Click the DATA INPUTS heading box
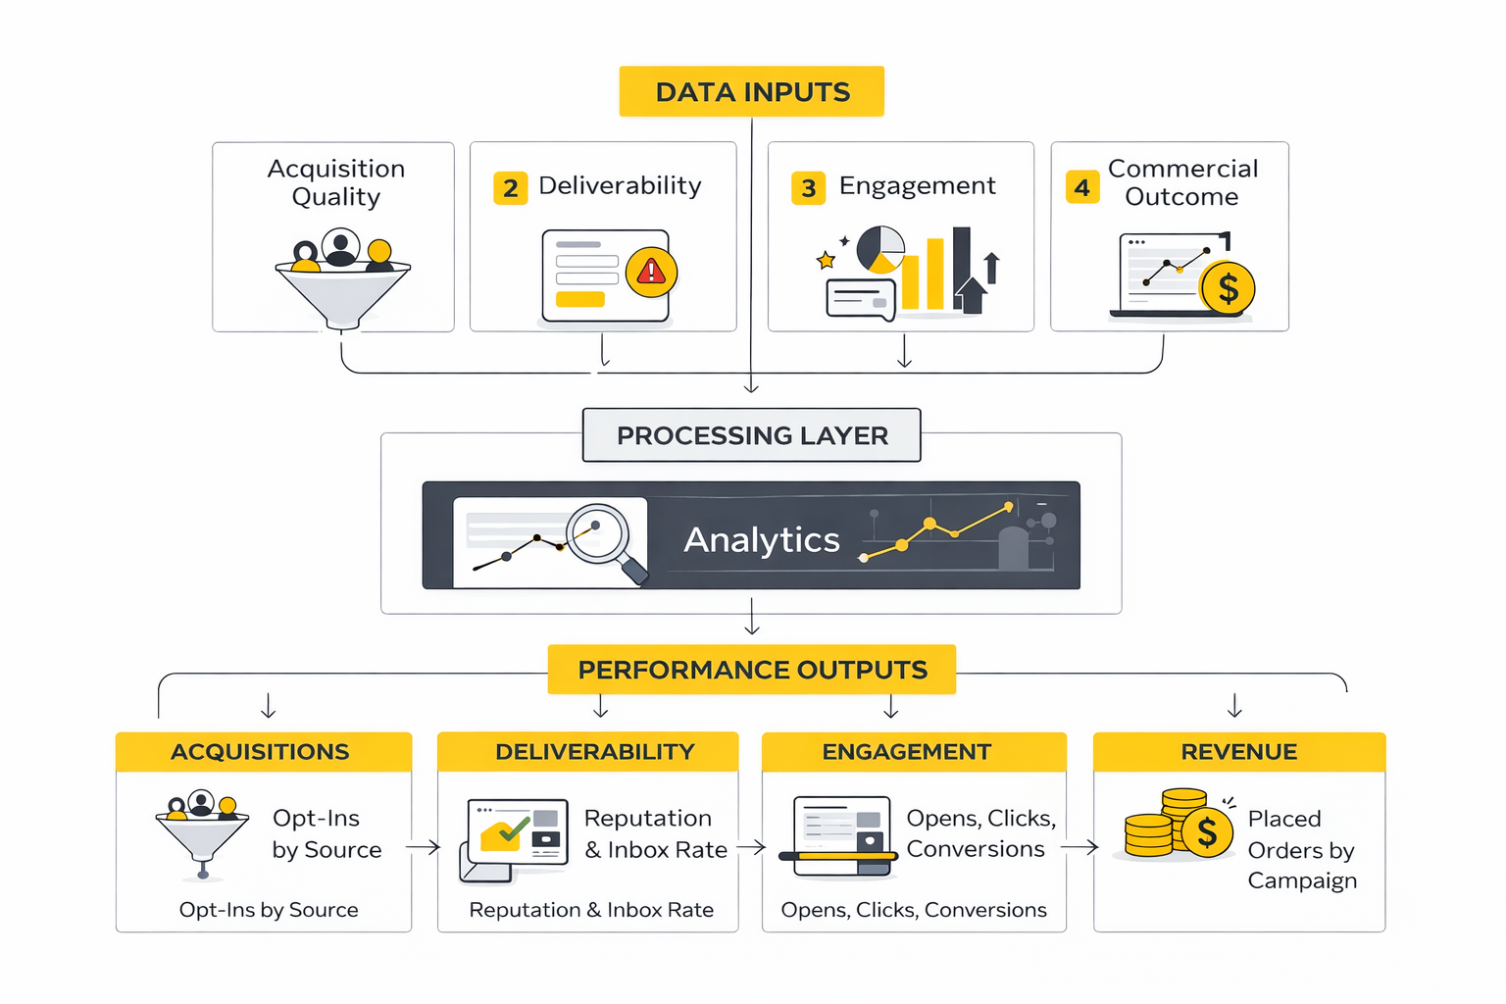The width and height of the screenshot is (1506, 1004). coord(751,91)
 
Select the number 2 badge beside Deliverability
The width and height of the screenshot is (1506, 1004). coord(510,188)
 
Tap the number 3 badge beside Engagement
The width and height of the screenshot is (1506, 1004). coord(808,188)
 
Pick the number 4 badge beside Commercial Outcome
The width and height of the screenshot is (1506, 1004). coord(1081,187)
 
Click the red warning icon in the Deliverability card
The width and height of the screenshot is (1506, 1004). coord(651,271)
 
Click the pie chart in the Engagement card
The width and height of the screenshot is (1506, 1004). coord(880,249)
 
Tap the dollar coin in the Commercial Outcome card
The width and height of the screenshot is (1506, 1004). coord(1227,288)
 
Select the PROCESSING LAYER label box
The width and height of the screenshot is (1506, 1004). coord(751,435)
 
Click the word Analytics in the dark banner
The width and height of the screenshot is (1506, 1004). coord(762,539)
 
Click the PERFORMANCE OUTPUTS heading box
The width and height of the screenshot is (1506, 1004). coord(751,670)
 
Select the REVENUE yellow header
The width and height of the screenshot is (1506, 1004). coord(1238,752)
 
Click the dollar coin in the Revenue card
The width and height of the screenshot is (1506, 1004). coord(1207,832)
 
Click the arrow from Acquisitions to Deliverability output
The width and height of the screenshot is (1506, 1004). coord(424,847)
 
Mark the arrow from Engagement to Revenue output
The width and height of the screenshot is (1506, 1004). coord(1079,847)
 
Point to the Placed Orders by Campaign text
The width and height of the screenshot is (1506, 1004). coord(1301,849)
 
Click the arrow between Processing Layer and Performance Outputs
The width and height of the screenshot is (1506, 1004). coord(752,618)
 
